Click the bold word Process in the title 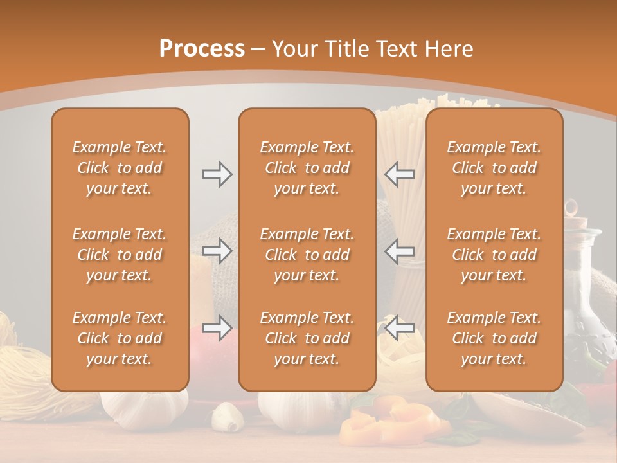[202, 49]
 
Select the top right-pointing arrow [217, 174]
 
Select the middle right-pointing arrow [217, 251]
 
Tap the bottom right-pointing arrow [217, 327]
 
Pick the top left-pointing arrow [399, 174]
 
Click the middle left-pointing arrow [399, 251]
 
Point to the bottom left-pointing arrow [399, 327]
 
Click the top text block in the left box [120, 168]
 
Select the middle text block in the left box [120, 255]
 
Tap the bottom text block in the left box [120, 338]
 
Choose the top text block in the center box [307, 168]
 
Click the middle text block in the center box [307, 255]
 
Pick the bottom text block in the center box [307, 338]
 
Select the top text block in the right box [494, 168]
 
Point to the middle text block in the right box [494, 255]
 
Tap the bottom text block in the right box [494, 338]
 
